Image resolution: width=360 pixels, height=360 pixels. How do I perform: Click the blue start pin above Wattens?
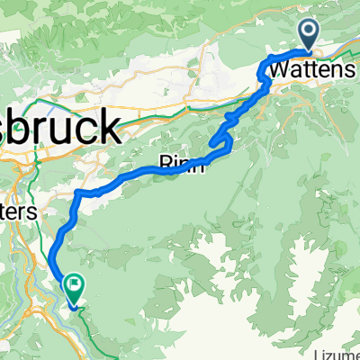(308, 34)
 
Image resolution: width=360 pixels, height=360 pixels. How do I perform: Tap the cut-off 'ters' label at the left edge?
(18, 213)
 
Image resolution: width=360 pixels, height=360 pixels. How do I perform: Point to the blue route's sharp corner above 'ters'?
(79, 193)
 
